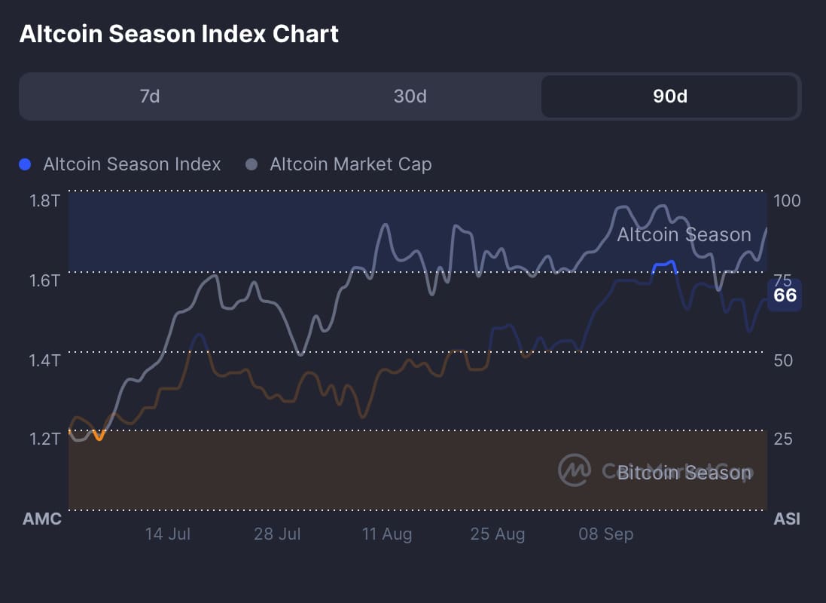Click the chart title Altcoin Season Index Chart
(178, 34)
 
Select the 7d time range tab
(150, 96)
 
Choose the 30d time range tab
(410, 96)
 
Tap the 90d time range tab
(669, 96)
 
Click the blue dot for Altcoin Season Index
(25, 164)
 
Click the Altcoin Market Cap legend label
(350, 164)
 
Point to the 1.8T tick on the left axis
(45, 200)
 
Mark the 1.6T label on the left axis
(45, 280)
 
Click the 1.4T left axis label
(45, 360)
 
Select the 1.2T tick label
(45, 439)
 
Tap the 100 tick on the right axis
(787, 200)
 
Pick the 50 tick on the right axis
(783, 360)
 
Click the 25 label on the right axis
(783, 439)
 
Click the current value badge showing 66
(785, 295)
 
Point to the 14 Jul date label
(168, 534)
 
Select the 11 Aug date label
(387, 534)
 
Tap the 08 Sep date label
(606, 534)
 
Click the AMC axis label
(42, 519)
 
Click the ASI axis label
(787, 519)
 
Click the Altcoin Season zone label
(684, 235)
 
